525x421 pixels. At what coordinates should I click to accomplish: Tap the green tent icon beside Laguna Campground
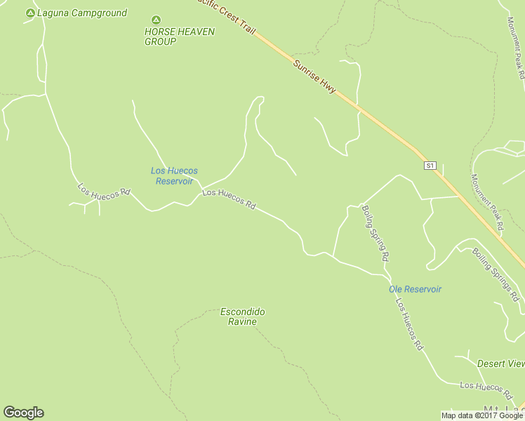[29, 13]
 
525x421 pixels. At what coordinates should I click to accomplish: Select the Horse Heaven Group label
[170, 36]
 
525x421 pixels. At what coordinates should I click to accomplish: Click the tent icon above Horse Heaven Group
[156, 20]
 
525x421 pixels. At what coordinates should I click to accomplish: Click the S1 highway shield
[430, 166]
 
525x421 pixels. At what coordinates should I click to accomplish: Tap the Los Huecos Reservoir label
[174, 175]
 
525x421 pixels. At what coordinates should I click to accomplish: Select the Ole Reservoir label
[415, 289]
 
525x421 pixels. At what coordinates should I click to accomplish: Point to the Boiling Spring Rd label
[376, 233]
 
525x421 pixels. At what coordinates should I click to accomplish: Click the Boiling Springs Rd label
[496, 272]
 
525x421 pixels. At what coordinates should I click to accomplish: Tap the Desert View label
[500, 363]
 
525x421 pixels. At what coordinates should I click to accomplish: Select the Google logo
[23, 413]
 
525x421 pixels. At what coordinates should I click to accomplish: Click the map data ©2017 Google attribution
[482, 415]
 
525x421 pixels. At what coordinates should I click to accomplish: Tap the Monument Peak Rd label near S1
[487, 202]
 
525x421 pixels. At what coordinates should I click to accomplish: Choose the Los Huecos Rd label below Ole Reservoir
[410, 325]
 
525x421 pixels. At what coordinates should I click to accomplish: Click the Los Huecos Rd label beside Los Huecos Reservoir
[229, 199]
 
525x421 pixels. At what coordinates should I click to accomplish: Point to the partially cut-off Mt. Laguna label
[504, 410]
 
